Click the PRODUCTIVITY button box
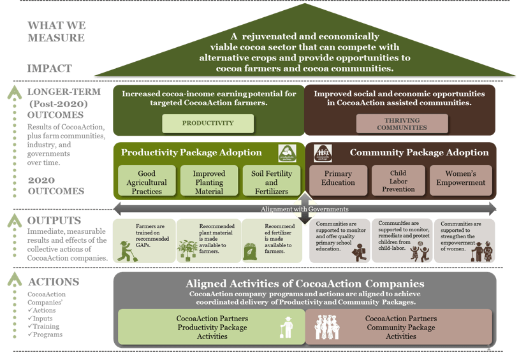pyautogui.click(x=208, y=123)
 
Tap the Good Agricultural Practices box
pyautogui.click(x=147, y=182)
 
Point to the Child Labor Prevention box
pyautogui.click(x=398, y=181)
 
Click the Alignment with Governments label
pyautogui.click(x=304, y=209)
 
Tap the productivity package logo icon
pyautogui.click(x=287, y=154)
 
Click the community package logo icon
pyautogui.click(x=323, y=154)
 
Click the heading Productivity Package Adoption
pyautogui.click(x=191, y=153)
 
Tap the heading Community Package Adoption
pyautogui.click(x=419, y=153)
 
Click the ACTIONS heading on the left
pyautogui.click(x=54, y=282)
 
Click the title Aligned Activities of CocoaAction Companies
pyautogui.click(x=305, y=284)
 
